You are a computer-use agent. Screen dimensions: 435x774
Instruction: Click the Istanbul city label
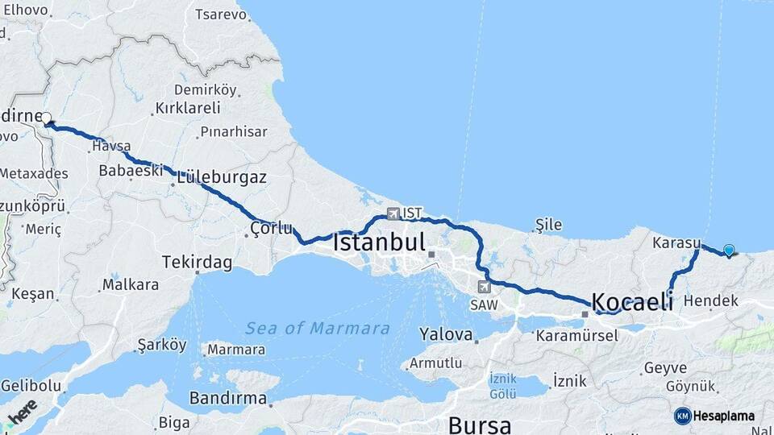378,242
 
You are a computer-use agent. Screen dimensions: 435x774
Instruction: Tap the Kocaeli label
632,302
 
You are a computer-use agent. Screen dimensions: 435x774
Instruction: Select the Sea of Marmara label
318,329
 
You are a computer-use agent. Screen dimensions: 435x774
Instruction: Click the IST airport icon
393,213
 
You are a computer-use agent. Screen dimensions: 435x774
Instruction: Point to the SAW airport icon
484,286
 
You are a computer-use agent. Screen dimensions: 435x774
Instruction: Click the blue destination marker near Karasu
729,251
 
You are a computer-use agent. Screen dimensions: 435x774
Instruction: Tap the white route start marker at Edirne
47,118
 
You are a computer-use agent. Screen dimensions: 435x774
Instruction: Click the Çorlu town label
271,229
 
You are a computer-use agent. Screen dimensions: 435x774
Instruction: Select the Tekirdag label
197,263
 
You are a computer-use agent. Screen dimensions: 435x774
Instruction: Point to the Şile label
549,225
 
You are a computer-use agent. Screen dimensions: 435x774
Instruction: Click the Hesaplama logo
714,416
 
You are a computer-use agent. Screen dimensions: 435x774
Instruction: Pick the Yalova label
445,333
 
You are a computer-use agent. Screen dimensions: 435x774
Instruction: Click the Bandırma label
227,398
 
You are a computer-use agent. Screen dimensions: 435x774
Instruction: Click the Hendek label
710,301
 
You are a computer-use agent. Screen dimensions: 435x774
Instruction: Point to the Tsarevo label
221,15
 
